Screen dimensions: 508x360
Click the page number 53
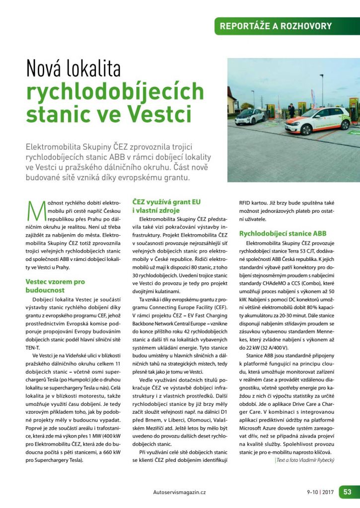347,492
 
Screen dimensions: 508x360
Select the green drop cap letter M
33,209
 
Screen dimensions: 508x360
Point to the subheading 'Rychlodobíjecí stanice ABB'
283,233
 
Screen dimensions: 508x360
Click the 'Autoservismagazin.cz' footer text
180,492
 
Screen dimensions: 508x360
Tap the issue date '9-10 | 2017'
320,492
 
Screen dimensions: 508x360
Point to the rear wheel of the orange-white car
340,125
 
